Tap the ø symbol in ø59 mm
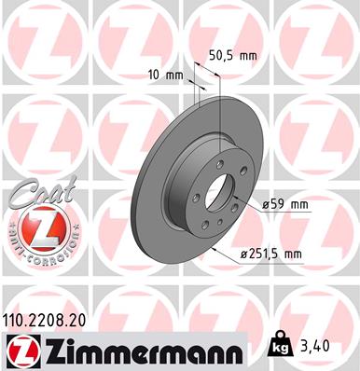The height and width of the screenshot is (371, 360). (266, 204)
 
